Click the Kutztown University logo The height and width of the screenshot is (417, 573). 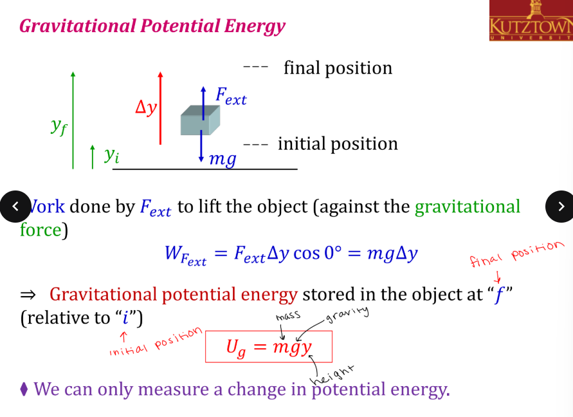530,21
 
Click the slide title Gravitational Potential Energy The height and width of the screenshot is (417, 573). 152,26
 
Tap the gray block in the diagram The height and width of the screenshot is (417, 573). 200,120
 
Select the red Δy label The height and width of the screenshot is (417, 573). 146,107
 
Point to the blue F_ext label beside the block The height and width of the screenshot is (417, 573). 230,97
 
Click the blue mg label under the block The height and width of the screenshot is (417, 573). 223,158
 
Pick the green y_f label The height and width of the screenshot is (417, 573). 59,127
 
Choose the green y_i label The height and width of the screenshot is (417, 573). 112,155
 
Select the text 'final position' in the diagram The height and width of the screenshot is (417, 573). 338,68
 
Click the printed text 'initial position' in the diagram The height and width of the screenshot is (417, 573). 338,144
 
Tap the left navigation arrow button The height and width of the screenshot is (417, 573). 15,206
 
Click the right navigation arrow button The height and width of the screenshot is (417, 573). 559,206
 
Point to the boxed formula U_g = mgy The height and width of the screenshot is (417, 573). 269,347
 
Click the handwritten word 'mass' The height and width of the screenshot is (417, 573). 288,317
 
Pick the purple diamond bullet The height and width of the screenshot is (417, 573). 24,389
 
